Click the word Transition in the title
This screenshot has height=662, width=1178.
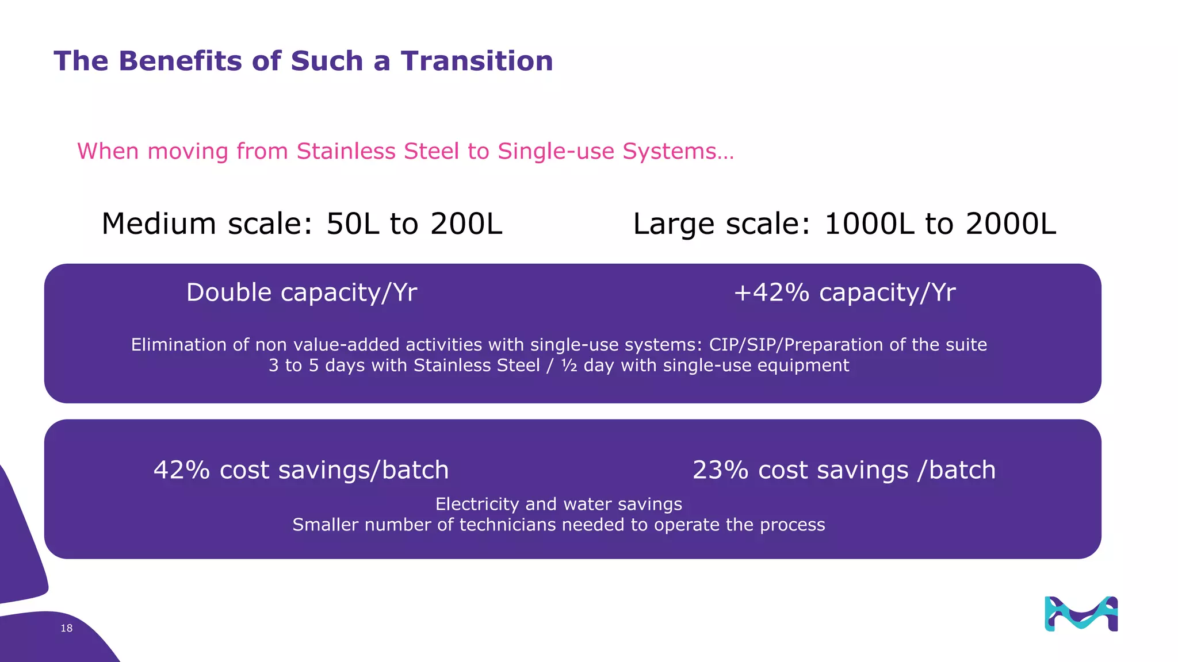coord(477,61)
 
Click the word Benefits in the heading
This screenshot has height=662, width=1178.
coord(180,61)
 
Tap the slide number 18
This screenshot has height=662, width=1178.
coord(67,628)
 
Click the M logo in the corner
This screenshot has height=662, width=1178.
coord(1081,614)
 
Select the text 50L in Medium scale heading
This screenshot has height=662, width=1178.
coord(353,224)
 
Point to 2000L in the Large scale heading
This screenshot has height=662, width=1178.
coord(1011,224)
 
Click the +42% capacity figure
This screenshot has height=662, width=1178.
coord(771,292)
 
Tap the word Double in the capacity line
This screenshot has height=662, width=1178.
coord(228,292)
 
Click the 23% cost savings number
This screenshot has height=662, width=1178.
coord(720,470)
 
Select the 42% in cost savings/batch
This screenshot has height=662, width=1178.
coord(181,470)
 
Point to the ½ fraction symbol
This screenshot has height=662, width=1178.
coord(569,365)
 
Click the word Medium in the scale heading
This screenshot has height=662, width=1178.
coord(158,224)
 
